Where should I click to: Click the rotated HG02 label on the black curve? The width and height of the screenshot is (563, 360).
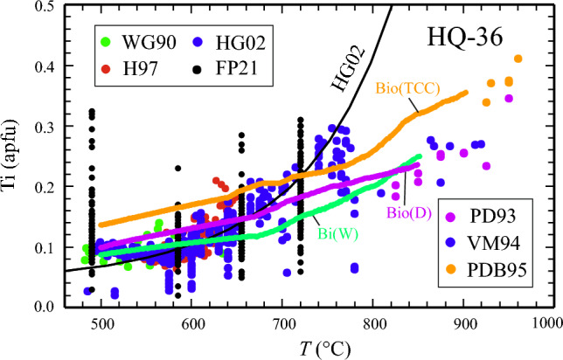point(345,73)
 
